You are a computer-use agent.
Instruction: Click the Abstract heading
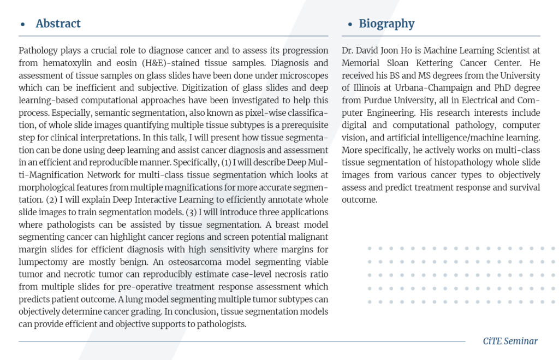point(58,23)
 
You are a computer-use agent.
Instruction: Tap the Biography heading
point(386,23)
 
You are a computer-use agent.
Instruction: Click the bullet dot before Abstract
point(22,25)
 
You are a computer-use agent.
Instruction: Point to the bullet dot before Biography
point(349,25)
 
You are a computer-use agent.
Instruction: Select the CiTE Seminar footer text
point(510,341)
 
